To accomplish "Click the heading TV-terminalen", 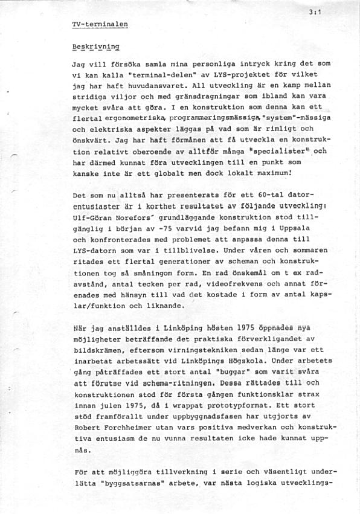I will pyautogui.click(x=100, y=25).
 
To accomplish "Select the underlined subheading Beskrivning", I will pyautogui.click(x=95, y=46).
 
